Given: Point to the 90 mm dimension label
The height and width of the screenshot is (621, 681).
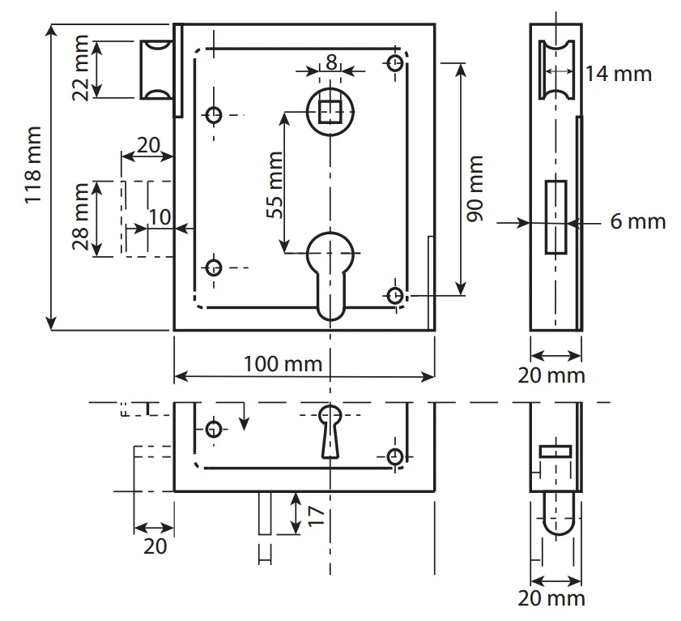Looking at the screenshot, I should pyautogui.click(x=476, y=199).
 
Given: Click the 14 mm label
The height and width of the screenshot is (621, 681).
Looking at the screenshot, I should pyautogui.click(x=619, y=74).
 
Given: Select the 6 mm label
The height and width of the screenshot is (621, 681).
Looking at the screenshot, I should pyautogui.click(x=637, y=221).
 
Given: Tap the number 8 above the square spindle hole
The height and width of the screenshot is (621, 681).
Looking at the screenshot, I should pyautogui.click(x=331, y=62).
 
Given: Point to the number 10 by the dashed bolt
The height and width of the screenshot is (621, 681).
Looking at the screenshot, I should pyautogui.click(x=160, y=217).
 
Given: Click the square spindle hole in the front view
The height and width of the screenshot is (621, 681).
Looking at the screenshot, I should pyautogui.click(x=330, y=109).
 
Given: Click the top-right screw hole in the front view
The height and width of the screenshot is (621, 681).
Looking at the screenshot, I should pyautogui.click(x=396, y=64).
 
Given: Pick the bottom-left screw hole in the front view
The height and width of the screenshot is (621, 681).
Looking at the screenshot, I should pyautogui.click(x=213, y=267).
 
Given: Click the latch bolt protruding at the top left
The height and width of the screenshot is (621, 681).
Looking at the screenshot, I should pyautogui.click(x=157, y=70).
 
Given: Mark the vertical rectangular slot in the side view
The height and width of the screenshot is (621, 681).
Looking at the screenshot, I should pyautogui.click(x=555, y=216).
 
